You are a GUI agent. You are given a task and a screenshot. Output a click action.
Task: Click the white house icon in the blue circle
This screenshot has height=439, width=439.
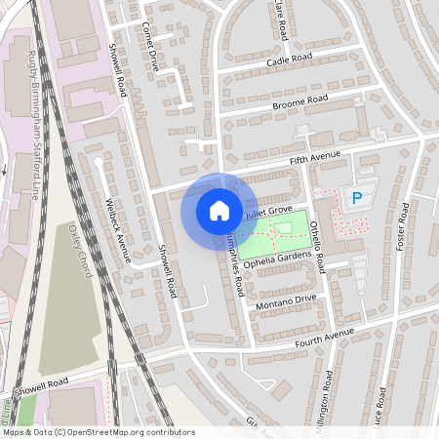[x=219, y=210]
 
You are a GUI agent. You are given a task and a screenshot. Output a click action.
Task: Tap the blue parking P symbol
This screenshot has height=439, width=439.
[x=356, y=198]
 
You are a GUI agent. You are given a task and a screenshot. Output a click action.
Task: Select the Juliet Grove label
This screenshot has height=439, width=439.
[x=269, y=210]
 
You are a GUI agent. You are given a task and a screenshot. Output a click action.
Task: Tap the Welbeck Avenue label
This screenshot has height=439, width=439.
[x=116, y=229]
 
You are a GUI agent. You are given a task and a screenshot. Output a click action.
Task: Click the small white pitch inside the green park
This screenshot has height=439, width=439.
[x=283, y=228]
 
